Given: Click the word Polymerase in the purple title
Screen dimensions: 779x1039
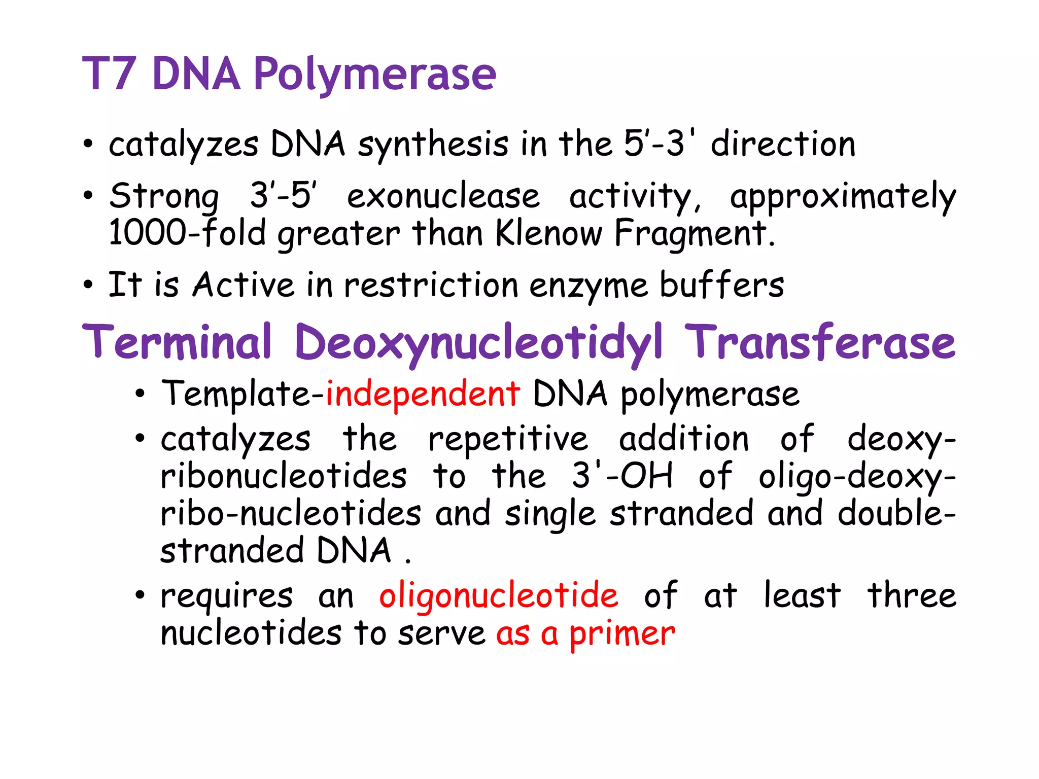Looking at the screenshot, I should point(374,75).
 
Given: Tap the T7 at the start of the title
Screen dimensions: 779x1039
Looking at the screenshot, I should point(109,74).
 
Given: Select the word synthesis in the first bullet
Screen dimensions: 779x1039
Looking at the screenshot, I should point(433,145).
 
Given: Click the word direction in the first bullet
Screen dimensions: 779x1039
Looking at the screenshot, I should point(783,145).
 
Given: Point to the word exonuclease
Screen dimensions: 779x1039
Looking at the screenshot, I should point(443,197).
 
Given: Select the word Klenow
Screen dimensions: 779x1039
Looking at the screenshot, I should point(548,233).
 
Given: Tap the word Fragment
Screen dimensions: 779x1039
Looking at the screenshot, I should point(695,233).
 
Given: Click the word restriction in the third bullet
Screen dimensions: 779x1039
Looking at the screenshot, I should point(431,285).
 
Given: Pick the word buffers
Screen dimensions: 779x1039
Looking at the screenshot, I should point(721,285).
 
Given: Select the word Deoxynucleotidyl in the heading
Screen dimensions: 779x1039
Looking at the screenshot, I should point(478,342).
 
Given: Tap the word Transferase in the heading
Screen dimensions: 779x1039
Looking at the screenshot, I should point(820,342).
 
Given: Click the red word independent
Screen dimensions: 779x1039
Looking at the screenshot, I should point(423,395).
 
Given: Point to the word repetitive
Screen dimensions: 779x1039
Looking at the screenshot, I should point(508,439).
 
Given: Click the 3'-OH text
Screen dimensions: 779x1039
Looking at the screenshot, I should point(622,476).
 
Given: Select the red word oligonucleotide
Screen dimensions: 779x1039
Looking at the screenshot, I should point(499,596).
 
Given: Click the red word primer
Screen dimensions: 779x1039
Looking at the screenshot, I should point(622,634).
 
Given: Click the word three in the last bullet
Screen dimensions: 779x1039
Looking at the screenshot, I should point(912,595).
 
